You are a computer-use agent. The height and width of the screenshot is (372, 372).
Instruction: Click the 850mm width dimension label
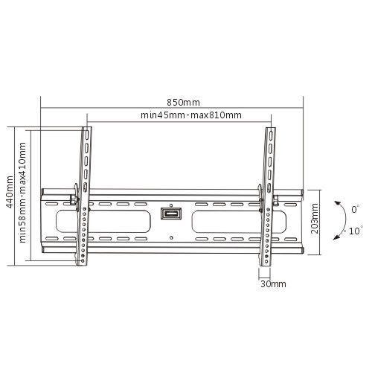click(x=183, y=103)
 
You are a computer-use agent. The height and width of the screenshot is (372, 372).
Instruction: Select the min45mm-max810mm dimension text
click(x=191, y=115)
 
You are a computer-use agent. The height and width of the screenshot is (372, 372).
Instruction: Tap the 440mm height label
click(x=10, y=192)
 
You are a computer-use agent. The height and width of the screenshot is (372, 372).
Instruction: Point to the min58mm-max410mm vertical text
click(x=22, y=193)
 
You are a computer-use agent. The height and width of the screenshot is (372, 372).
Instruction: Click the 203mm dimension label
click(x=315, y=218)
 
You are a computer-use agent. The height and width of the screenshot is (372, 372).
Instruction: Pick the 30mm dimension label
click(x=273, y=284)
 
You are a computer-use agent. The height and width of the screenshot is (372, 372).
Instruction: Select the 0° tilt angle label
click(x=355, y=209)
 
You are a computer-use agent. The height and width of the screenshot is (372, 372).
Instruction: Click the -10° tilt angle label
click(x=353, y=231)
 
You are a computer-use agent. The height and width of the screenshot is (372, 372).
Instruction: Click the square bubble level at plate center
click(x=171, y=214)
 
